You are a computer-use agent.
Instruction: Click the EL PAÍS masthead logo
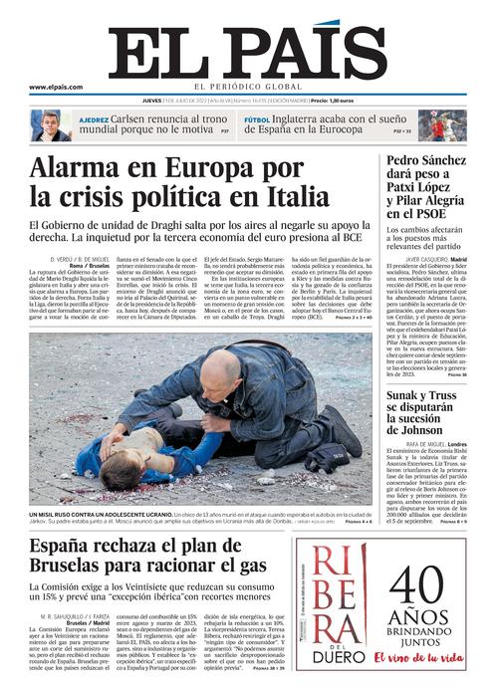pyautogui.click(x=248, y=48)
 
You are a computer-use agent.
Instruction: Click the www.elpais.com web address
pyautogui.click(x=56, y=88)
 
